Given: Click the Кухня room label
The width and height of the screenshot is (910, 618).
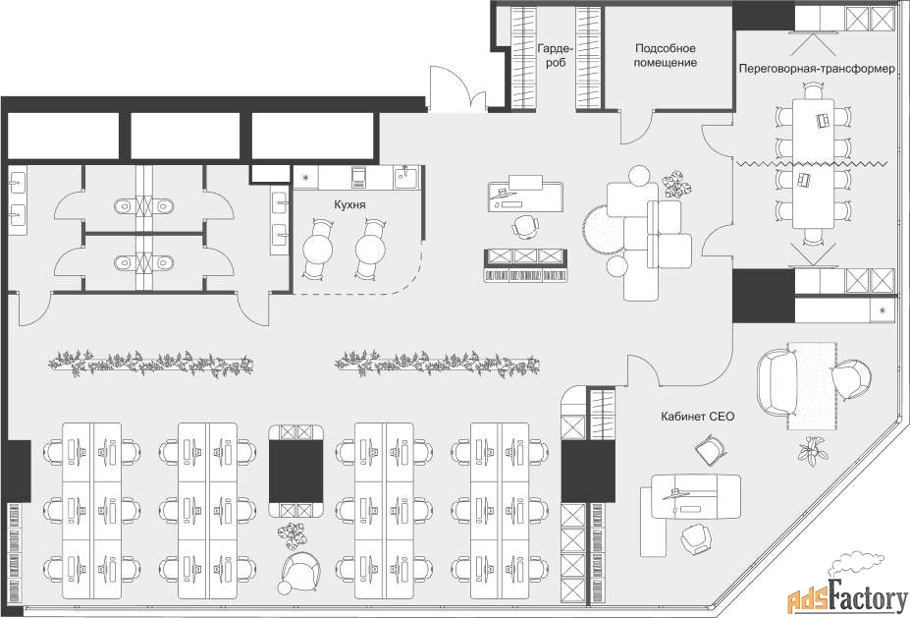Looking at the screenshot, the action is click(x=349, y=204).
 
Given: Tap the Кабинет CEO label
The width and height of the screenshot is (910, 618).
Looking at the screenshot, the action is click(x=697, y=417).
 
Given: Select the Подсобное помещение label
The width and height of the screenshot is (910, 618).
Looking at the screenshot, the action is click(x=666, y=55).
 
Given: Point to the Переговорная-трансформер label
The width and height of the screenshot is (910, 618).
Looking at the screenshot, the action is click(x=817, y=69).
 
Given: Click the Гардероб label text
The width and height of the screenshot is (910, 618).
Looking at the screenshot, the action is click(x=556, y=55).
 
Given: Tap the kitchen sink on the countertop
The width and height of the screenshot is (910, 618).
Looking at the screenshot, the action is click(x=406, y=176).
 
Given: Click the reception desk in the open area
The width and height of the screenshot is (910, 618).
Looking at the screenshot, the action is click(x=526, y=194).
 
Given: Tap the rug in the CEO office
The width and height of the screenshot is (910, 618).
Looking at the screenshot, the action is click(x=811, y=386).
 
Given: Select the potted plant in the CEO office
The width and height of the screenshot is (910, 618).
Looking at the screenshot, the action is click(x=813, y=450).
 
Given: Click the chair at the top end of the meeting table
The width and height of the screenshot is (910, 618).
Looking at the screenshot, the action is click(x=813, y=90).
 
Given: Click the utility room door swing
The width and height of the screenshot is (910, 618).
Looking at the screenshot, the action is click(x=637, y=127).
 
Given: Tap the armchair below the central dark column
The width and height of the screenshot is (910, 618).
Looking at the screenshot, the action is click(x=300, y=571).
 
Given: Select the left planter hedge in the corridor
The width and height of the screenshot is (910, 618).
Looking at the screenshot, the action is click(x=150, y=364).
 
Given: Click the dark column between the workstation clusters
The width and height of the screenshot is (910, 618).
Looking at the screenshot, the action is click(x=296, y=471).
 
